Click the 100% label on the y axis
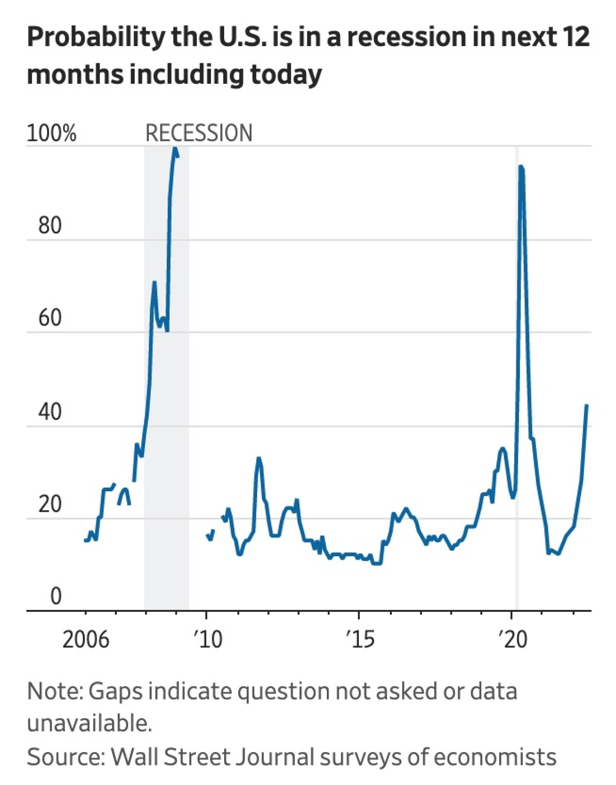(x=51, y=133)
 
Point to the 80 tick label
(x=50, y=225)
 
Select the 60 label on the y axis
(x=50, y=318)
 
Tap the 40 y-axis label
(x=50, y=411)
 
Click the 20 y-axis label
(x=50, y=504)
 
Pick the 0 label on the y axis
(x=56, y=596)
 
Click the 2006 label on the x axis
(x=86, y=640)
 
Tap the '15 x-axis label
(x=360, y=640)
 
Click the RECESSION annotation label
(x=199, y=133)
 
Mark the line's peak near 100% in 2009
(x=175, y=148)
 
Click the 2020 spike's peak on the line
(x=521, y=167)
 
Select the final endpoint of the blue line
(x=586, y=405)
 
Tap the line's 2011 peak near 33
(x=258, y=459)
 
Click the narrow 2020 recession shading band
(x=517, y=378)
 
